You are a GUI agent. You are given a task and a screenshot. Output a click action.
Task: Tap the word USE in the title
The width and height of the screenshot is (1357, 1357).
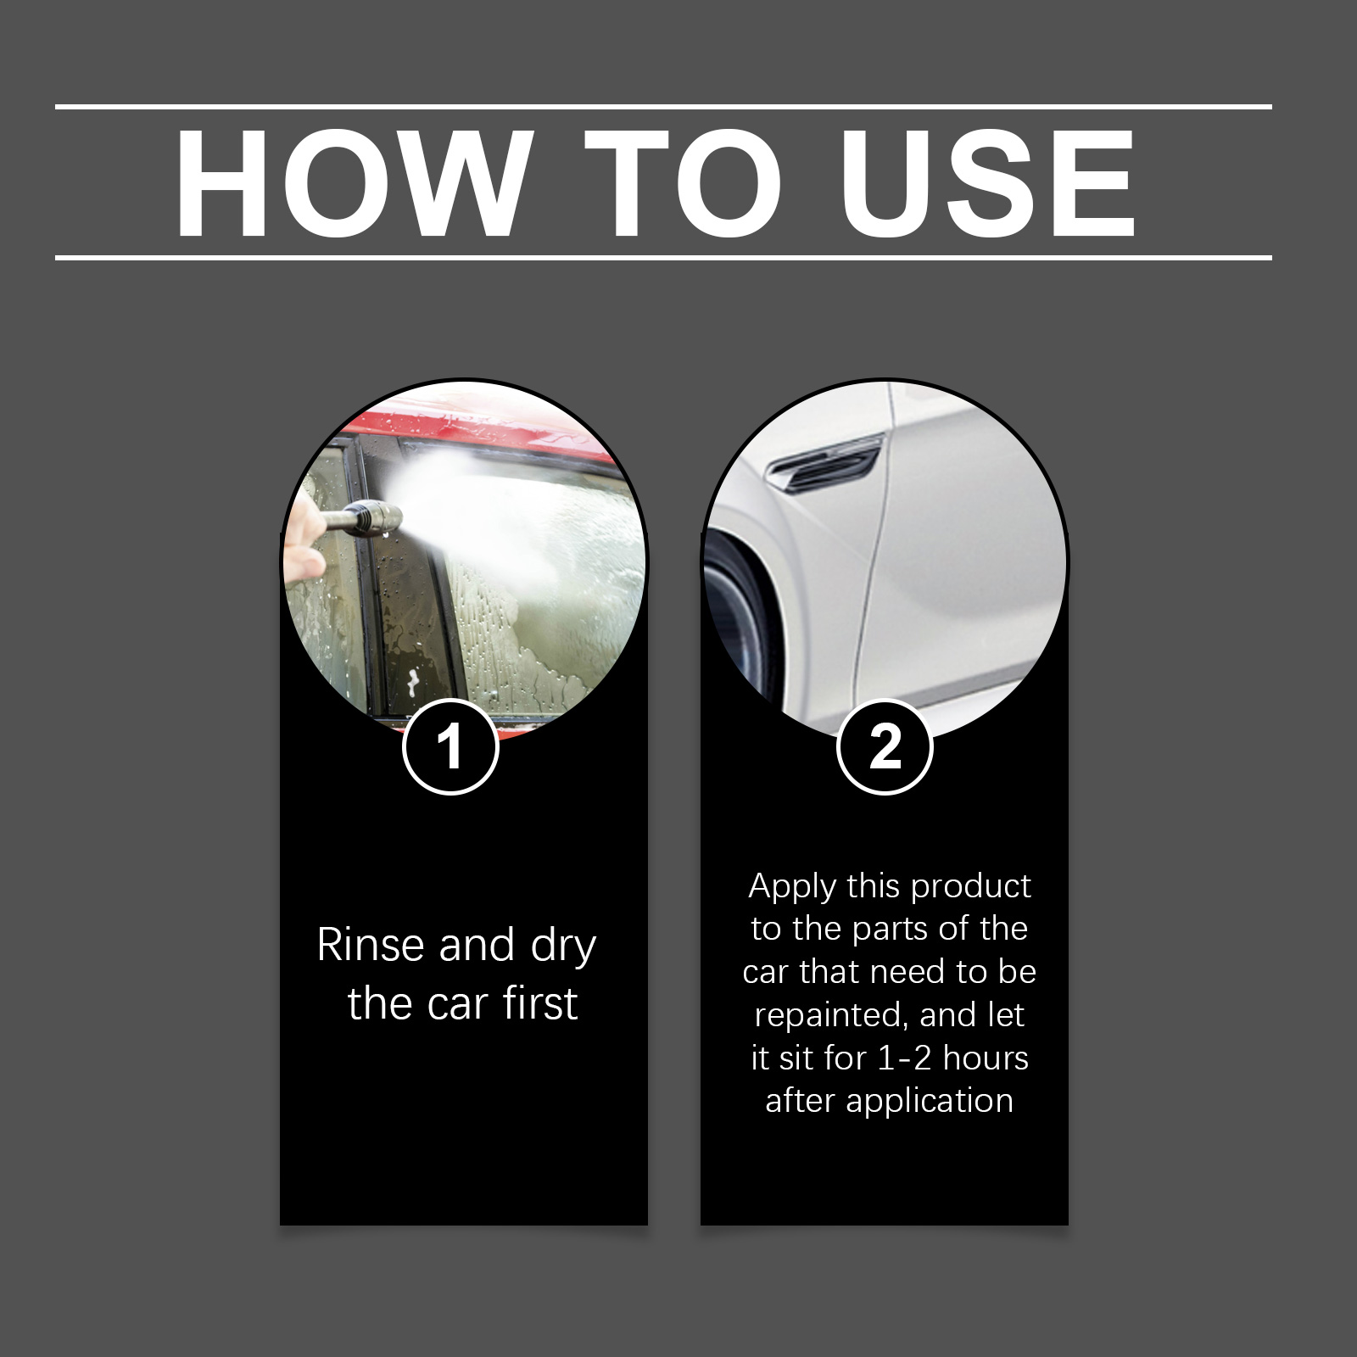coord(986,184)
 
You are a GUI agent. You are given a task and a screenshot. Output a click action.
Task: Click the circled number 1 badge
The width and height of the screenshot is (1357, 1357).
coord(450,747)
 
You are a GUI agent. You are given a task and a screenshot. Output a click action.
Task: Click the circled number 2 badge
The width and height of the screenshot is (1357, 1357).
coord(885,747)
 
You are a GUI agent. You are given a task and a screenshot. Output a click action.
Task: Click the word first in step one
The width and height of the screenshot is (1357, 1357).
coord(539,1003)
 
